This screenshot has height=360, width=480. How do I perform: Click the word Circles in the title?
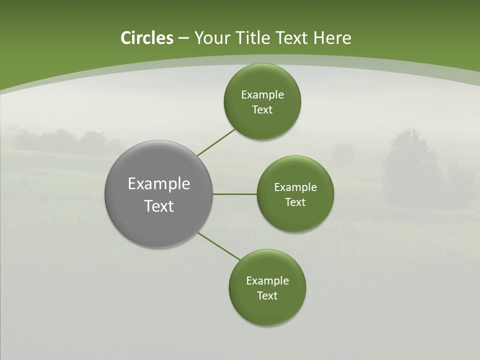click(x=146, y=38)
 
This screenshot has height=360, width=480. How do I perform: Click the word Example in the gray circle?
click(x=159, y=184)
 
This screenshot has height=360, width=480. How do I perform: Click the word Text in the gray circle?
click(x=159, y=206)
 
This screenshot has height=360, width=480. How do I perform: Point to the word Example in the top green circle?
click(x=262, y=95)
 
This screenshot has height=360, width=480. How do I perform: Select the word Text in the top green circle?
click(x=262, y=110)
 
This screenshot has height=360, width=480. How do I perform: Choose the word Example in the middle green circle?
click(x=295, y=187)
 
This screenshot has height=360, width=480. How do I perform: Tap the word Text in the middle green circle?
click(x=295, y=202)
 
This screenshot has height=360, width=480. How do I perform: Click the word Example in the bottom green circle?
click(x=267, y=281)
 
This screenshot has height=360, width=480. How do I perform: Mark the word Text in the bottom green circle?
click(x=267, y=296)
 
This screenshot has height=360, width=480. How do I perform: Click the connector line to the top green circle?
click(x=216, y=142)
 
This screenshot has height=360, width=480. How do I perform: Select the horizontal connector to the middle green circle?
click(x=235, y=194)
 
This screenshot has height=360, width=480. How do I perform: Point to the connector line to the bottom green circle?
click(x=219, y=246)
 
